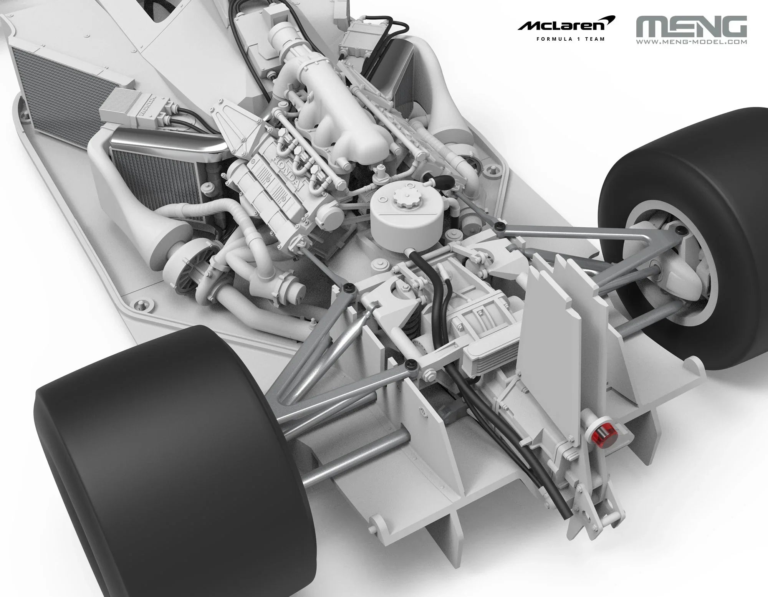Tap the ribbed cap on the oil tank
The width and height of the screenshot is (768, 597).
[x=403, y=199]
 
